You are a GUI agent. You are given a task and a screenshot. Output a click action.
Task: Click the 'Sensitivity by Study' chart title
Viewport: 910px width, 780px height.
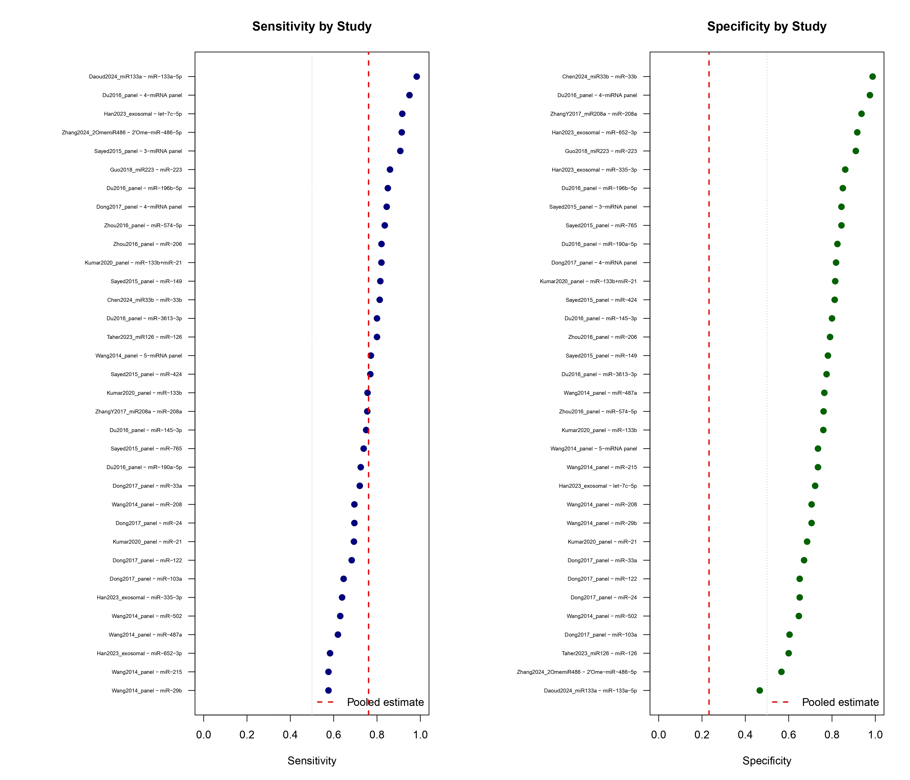pyautogui.click(x=312, y=26)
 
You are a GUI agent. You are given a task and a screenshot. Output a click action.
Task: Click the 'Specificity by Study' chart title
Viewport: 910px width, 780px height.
pyautogui.click(x=767, y=26)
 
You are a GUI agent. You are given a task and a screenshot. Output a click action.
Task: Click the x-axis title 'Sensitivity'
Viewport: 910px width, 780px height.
pyautogui.click(x=312, y=761)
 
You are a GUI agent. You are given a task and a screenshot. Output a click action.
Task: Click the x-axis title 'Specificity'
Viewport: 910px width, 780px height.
pyautogui.click(x=767, y=761)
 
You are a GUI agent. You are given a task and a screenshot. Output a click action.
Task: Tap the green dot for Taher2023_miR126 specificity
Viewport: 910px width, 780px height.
pyautogui.click(x=788, y=653)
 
